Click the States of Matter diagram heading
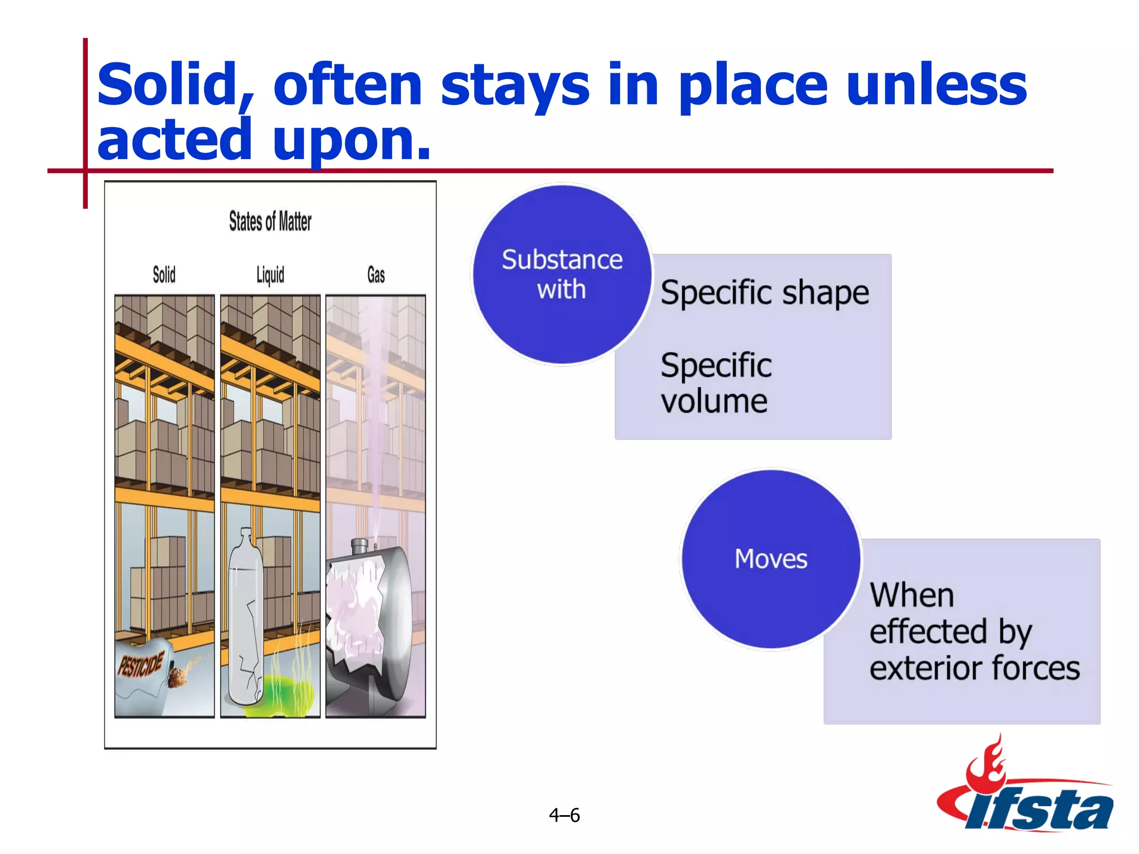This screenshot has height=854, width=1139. pos(270,221)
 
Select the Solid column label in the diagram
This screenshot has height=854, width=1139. pos(164,275)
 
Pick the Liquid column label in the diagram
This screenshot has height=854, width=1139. pos(270,275)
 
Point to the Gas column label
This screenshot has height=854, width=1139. pos(376,275)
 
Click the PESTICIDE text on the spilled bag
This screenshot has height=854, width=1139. pos(141,665)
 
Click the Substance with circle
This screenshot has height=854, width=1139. pos(562,275)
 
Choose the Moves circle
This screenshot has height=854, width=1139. pos(771,559)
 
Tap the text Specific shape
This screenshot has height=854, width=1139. pos(765,293)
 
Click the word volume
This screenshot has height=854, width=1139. pos(714,401)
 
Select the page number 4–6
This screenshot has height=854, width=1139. pos(564,815)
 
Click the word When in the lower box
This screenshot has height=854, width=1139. pos(912,595)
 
